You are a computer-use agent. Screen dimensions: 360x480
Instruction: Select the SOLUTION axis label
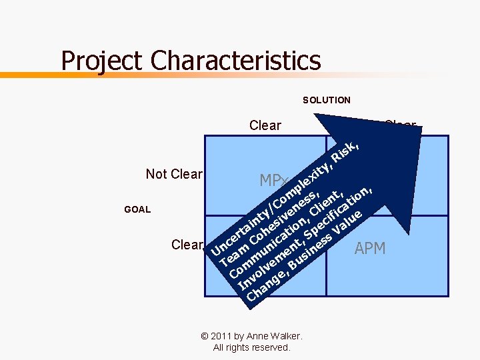[x=327, y=100]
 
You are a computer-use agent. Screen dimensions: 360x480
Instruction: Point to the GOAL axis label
[x=137, y=209]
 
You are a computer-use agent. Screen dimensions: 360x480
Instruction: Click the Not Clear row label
[x=173, y=174]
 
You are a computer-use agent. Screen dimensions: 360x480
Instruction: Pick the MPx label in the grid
[x=273, y=181]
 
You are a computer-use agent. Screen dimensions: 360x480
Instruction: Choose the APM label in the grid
[x=370, y=249]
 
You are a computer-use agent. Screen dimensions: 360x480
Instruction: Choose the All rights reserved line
[x=252, y=347]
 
